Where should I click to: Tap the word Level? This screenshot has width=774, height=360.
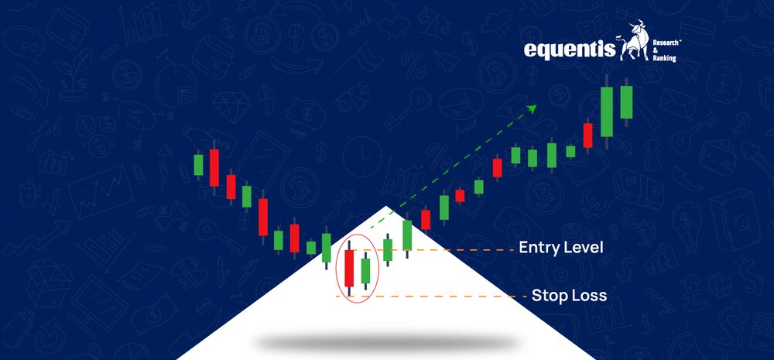[585, 247]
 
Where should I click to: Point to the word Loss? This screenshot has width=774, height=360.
[589, 295]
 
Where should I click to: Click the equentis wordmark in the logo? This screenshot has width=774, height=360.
[570, 50]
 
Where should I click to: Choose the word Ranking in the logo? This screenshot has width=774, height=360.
[664, 59]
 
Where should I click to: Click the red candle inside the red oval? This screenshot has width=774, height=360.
[350, 268]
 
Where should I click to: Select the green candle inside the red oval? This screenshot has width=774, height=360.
[366, 271]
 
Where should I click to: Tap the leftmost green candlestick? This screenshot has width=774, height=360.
[198, 164]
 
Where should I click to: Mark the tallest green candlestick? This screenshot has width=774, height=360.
[607, 111]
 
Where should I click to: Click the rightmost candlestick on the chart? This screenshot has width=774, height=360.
[626, 102]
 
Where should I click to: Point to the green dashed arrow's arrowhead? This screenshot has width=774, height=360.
[533, 108]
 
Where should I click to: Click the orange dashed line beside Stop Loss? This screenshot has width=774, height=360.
[431, 297]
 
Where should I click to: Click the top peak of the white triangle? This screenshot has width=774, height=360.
[387, 206]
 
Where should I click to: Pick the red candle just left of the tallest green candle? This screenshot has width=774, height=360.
[588, 135]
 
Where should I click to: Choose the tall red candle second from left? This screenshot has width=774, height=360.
[214, 167]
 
